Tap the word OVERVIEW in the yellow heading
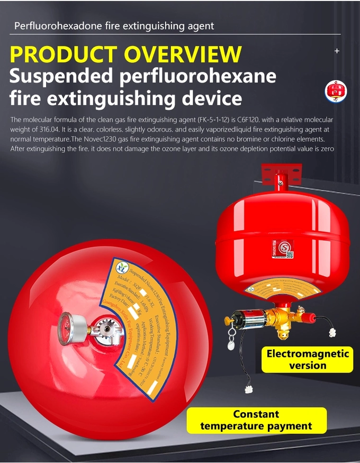[x=183, y=55]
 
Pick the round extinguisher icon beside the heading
[x=336, y=90]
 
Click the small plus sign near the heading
[x=337, y=51]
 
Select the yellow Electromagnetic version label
[x=307, y=359]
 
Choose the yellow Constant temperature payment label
[x=256, y=420]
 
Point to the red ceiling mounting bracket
[x=281, y=174]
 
